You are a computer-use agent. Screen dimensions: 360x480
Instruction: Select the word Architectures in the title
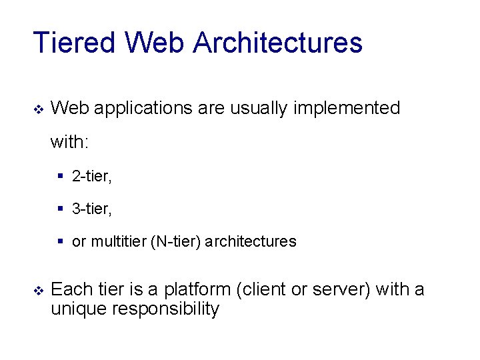pyautogui.click(x=278, y=43)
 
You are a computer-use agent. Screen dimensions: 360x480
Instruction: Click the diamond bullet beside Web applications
pyautogui.click(x=37, y=109)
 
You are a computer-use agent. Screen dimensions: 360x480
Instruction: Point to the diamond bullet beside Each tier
pyautogui.click(x=37, y=291)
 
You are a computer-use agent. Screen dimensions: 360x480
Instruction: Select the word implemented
pyautogui.click(x=345, y=108)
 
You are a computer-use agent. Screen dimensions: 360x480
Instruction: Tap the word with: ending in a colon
pyautogui.click(x=70, y=142)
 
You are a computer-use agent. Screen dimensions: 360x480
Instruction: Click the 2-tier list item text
pyautogui.click(x=92, y=177)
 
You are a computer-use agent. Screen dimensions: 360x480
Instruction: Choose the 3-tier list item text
pyautogui.click(x=92, y=209)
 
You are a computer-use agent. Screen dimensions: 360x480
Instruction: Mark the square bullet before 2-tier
pyautogui.click(x=61, y=177)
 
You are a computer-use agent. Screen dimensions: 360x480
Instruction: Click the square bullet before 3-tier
pyautogui.click(x=61, y=209)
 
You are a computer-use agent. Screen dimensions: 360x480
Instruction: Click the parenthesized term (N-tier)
pyautogui.click(x=176, y=242)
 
